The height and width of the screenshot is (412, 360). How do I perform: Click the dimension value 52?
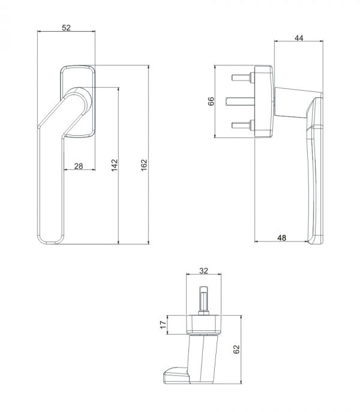tap(66, 28)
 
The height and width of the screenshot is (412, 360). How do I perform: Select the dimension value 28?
tap(79, 166)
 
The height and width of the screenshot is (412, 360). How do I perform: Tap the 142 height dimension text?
tap(115, 165)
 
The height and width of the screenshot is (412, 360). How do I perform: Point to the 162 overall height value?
tap(144, 165)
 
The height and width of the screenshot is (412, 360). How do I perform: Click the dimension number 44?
tap(299, 38)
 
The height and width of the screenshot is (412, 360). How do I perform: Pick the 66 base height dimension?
tap(211, 101)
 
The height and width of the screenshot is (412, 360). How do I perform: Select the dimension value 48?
tap(281, 238)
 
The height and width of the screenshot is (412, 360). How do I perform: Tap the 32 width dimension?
tap(203, 271)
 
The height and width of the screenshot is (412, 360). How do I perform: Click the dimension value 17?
tap(163, 325)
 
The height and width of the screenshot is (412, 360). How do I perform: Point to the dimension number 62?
tap(236, 349)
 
